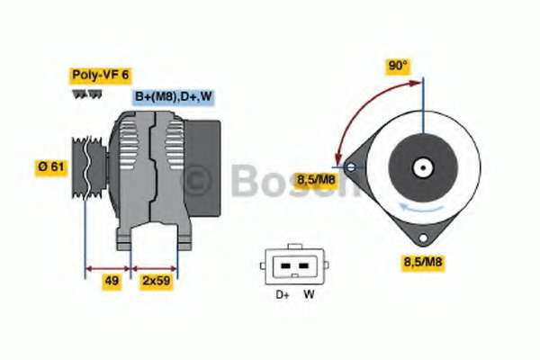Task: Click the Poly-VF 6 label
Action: tap(100, 76)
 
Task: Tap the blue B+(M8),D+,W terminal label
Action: tap(173, 97)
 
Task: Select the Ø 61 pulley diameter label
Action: tap(51, 167)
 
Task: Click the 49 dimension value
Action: tap(112, 281)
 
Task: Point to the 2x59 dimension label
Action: tap(157, 281)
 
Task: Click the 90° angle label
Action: tap(398, 66)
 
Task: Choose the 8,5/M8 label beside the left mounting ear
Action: tap(316, 180)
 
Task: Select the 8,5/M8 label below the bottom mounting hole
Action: tap(423, 262)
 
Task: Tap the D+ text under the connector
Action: tap(283, 294)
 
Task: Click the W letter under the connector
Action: tap(309, 294)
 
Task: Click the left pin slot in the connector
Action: tap(285, 266)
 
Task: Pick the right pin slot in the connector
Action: tap(303, 266)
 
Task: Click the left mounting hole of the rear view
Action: tap(351, 167)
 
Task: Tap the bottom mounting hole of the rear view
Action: tap(423, 238)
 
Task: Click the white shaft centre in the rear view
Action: tap(423, 168)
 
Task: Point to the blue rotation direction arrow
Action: tap(421, 207)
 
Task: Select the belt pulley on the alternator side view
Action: tap(89, 167)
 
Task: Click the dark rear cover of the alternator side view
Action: tap(202, 168)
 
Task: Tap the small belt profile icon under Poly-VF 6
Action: tap(87, 94)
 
